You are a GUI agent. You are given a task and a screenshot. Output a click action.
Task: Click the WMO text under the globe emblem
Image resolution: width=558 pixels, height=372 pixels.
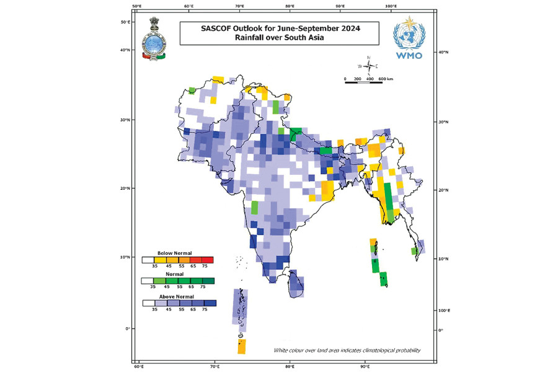pos(407,56)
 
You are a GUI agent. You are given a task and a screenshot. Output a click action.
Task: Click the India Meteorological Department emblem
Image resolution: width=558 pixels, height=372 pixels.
pos(155,39)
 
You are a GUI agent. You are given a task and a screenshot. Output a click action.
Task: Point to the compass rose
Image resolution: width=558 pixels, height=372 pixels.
pos(368,66)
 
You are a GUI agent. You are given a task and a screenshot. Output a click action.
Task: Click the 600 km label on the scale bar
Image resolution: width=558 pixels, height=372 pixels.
pos(386,79)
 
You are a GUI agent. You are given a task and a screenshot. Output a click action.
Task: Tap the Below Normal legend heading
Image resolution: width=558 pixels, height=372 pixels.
pos(174,253)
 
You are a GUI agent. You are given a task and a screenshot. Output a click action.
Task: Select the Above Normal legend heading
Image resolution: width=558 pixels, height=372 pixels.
pos(174,296)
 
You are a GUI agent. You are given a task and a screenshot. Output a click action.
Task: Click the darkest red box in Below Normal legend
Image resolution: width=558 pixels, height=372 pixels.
pos(208,260)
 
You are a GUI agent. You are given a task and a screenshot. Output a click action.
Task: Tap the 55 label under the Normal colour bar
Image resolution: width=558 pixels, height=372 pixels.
pos(179,287)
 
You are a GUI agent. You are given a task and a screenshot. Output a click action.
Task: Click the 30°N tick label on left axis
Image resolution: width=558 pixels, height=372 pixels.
pos(124,120)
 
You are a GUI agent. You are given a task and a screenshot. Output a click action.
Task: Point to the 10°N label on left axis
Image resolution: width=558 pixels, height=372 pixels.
pos(124,257)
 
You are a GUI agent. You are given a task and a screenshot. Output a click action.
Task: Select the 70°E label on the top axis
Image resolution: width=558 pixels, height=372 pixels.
pos(239,6)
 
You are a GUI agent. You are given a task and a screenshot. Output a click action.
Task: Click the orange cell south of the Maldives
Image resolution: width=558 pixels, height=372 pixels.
pos(241,346)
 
